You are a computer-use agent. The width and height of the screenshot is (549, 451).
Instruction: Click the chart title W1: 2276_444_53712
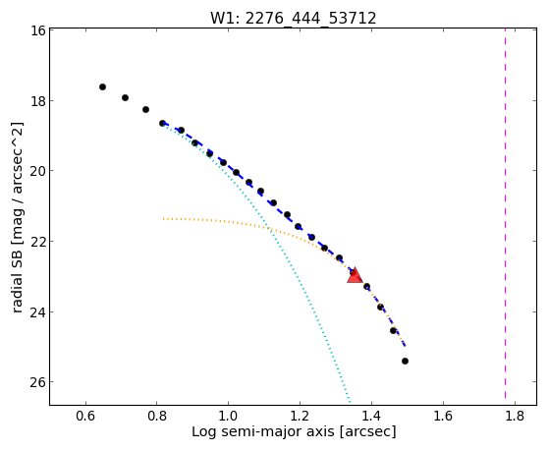tap(293, 18)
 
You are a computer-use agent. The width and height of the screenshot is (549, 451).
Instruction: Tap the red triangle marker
tap(355, 275)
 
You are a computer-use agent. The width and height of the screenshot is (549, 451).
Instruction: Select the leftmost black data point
tap(102, 86)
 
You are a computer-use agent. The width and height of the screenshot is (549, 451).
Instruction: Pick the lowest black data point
tap(405, 361)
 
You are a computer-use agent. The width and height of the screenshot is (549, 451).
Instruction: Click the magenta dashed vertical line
tap(505, 213)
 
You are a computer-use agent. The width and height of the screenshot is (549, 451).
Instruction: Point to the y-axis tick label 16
tap(37, 30)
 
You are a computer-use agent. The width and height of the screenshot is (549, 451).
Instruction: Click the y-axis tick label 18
tap(37, 101)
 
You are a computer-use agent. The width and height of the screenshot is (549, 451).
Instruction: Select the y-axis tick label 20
tap(37, 171)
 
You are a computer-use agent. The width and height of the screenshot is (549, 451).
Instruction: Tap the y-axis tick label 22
tap(37, 242)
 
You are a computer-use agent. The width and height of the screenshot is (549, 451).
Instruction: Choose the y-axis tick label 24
tap(37, 311)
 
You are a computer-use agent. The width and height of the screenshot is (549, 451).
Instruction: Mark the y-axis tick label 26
tap(37, 382)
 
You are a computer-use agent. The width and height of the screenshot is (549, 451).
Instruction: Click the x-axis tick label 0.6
tap(85, 416)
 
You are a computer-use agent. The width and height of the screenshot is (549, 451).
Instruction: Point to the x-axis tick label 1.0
tap(228, 416)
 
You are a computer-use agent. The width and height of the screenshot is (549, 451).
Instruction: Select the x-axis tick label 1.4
tap(371, 416)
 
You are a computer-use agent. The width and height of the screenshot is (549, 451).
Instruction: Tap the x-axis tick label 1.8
tap(515, 416)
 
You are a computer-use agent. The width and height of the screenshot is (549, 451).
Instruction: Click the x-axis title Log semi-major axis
tap(263, 431)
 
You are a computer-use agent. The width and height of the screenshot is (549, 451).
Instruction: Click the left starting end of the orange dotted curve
tap(163, 219)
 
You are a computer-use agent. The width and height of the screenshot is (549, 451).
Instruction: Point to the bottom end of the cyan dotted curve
tap(350, 401)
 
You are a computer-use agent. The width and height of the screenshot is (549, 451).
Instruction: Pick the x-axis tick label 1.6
tap(443, 416)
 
